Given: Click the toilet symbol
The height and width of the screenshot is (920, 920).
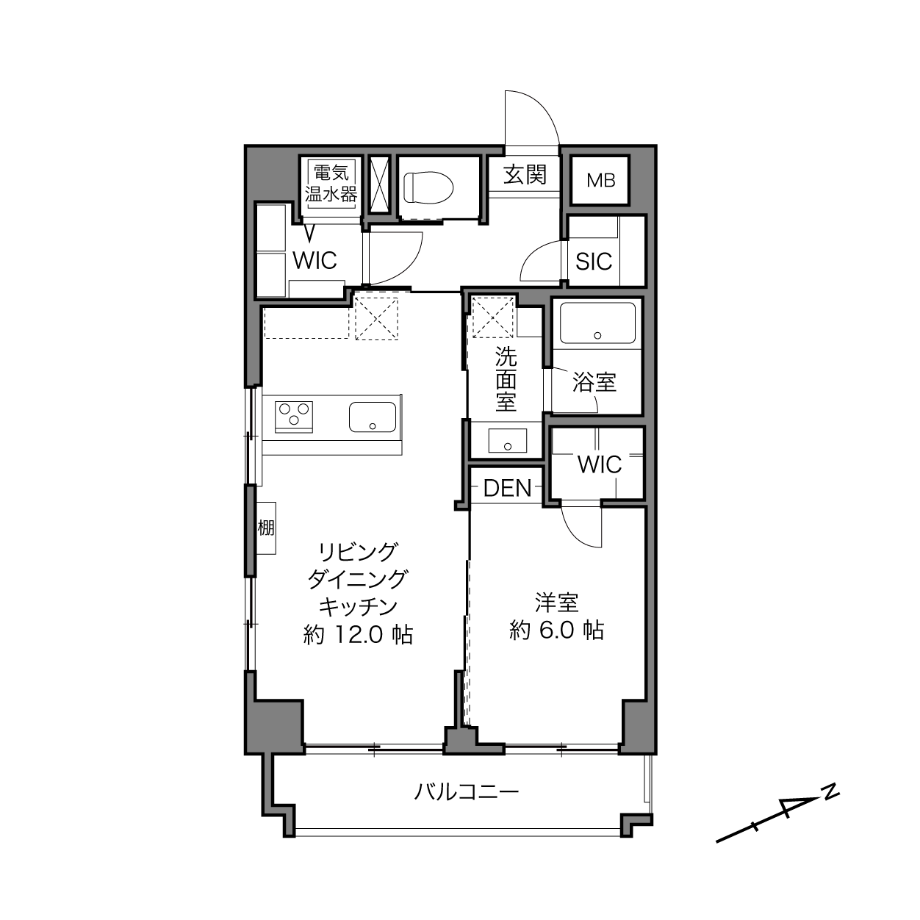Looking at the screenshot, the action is pyautogui.click(x=428, y=187).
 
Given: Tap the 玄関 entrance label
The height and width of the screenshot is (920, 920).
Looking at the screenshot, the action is pyautogui.click(x=525, y=174).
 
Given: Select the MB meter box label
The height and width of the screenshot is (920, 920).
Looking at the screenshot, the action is pyautogui.click(x=600, y=181).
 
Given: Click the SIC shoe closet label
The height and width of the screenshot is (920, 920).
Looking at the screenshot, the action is pyautogui.click(x=594, y=261).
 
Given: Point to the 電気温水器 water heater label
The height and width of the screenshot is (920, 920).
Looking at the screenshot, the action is pyautogui.click(x=331, y=183).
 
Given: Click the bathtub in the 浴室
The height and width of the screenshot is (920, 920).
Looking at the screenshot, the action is pyautogui.click(x=597, y=323).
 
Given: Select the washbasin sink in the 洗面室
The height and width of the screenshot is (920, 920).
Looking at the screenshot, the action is pyautogui.click(x=508, y=440).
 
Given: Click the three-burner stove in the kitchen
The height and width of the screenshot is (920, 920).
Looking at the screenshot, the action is pyautogui.click(x=294, y=416).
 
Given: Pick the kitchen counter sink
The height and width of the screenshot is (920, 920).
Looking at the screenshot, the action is pyautogui.click(x=373, y=417).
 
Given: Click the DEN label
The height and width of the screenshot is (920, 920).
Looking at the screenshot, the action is pyautogui.click(x=507, y=489).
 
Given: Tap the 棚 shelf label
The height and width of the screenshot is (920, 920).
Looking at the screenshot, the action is pyautogui.click(x=266, y=528).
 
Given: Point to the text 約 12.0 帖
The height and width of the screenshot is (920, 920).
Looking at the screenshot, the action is pyautogui.click(x=358, y=634).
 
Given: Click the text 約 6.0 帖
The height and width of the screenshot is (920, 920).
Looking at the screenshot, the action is pyautogui.click(x=557, y=630).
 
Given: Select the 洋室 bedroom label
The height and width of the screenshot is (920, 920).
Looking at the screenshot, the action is pyautogui.click(x=557, y=603).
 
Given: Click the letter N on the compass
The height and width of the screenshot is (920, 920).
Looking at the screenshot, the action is pyautogui.click(x=832, y=793).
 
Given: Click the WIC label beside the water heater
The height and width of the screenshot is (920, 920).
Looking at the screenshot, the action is pyautogui.click(x=315, y=260).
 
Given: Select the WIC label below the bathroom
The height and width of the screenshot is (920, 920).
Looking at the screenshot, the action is pyautogui.click(x=600, y=464).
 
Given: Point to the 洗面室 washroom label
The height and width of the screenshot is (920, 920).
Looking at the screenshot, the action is pyautogui.click(x=506, y=378).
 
